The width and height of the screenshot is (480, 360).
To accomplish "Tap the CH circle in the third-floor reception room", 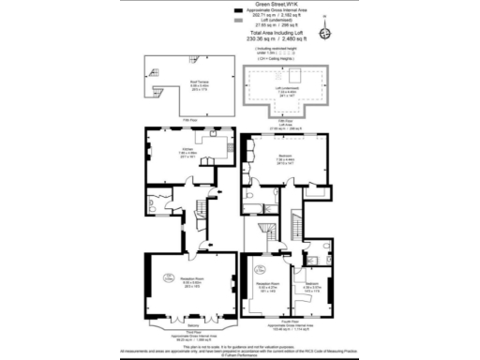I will point(168,277).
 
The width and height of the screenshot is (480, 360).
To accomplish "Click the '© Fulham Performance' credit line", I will point(241,355).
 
